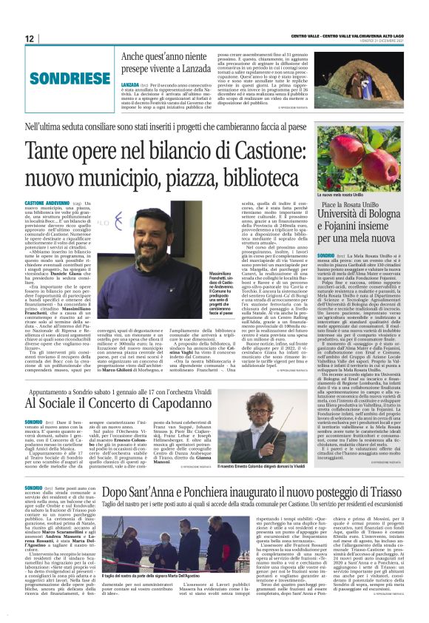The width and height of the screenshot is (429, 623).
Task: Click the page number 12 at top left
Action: click(x=30, y=38)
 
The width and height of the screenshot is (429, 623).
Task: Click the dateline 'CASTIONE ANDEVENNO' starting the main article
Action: click(x=50, y=201)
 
